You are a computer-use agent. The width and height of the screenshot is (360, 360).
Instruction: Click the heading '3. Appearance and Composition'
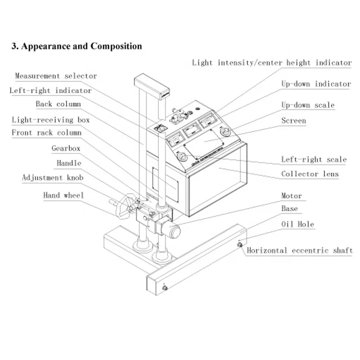pos(76,46)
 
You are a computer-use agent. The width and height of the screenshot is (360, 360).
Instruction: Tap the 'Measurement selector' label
pos(56,76)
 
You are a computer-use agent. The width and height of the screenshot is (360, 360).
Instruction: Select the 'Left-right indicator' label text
pos(50,90)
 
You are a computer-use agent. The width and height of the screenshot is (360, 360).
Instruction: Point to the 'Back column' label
pos(58,104)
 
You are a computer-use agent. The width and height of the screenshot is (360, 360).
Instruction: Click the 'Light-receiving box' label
pos(50,120)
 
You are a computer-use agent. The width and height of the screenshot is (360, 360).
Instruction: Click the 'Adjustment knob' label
pos(53,178)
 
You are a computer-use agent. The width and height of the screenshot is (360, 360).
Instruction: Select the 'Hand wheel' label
pos(63,195)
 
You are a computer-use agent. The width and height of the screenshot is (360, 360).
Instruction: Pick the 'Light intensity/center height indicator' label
pos(272,63)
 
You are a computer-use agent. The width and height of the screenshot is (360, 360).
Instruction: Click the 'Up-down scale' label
pos(308,105)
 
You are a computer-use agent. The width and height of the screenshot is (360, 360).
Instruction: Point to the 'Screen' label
pos(293,121)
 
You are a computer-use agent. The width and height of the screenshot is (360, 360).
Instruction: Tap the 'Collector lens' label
pos(310,174)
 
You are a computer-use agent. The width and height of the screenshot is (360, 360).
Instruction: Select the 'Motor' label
pos(292,196)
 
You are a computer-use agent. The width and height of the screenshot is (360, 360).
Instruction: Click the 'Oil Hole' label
pos(297,224)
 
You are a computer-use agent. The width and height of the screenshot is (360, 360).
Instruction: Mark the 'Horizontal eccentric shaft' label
pos(300,251)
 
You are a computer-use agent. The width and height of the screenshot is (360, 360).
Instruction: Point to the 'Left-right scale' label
pos(314,159)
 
